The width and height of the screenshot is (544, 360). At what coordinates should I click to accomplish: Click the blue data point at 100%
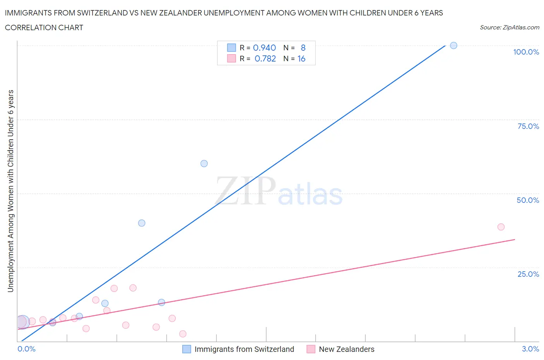453,46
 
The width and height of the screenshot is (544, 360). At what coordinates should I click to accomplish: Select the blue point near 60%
204,164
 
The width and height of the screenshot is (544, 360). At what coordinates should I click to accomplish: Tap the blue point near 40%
142,223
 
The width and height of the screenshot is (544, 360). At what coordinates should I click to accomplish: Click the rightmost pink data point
501,227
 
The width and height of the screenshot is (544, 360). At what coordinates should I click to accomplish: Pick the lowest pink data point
183,334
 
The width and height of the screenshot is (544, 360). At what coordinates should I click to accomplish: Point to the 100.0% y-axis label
526,52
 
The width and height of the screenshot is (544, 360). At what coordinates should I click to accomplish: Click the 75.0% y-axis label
528,126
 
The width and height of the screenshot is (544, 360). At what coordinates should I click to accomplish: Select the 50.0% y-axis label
528,200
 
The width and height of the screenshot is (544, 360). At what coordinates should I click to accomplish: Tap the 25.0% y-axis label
528,274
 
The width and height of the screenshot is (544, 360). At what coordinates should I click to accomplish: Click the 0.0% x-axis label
27,349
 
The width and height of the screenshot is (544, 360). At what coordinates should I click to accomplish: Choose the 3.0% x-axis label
530,349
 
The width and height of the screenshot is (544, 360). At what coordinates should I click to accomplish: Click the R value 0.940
264,48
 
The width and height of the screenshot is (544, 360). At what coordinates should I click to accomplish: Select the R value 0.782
265,58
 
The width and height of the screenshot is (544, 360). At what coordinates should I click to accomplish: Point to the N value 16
301,58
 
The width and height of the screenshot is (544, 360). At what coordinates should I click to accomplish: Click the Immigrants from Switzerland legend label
244,349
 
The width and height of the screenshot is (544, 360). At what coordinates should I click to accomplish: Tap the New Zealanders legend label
346,349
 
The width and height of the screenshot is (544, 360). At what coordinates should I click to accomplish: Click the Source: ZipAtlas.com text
509,27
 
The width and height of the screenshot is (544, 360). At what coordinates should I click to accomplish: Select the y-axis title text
10,191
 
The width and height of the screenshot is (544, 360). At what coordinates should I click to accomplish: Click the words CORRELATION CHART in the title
44,27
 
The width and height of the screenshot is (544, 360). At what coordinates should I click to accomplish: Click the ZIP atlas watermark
279,192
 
